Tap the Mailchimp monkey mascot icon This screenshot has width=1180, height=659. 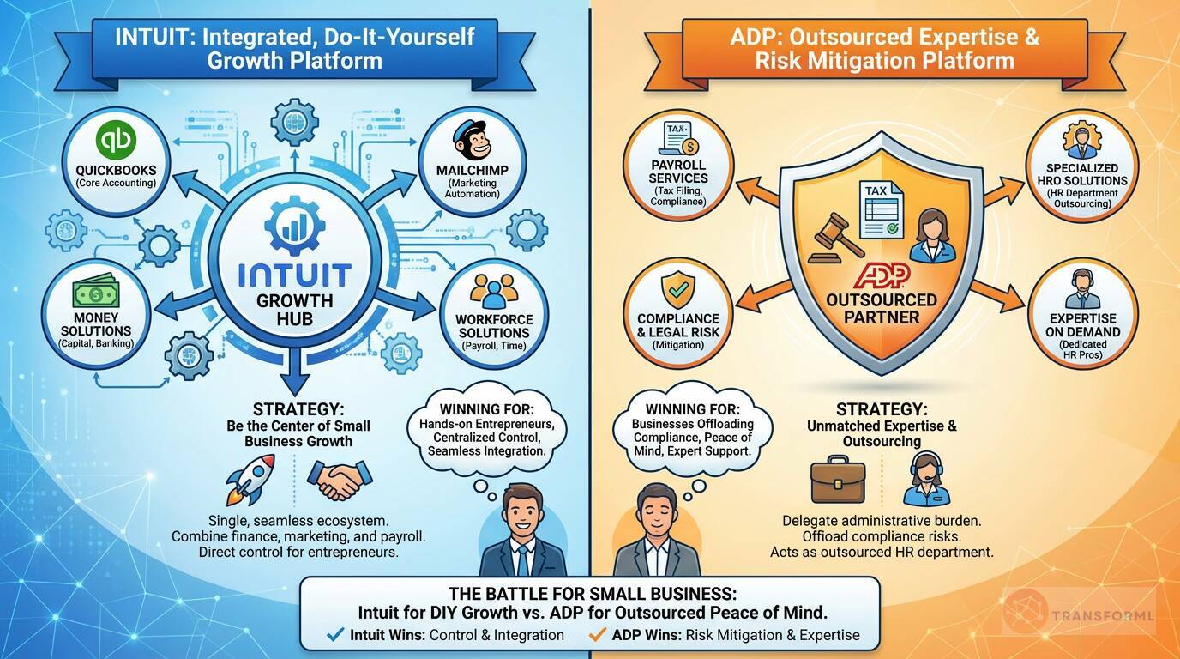(472, 142)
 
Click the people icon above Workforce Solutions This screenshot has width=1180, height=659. (495, 292)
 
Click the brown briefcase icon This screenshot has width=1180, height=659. (838, 481)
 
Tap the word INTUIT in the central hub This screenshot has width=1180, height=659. (294, 275)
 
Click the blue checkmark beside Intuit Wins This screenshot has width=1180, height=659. (336, 635)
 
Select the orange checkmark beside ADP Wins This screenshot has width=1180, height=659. (598, 635)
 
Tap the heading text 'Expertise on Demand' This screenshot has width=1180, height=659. (1082, 324)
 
